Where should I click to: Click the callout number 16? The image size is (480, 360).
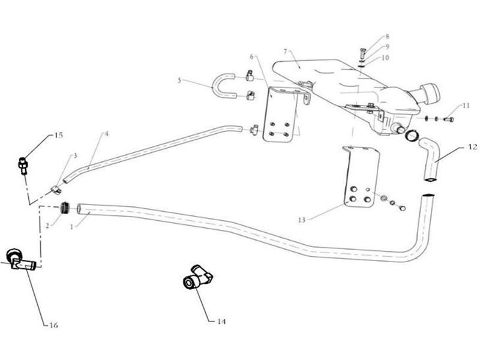pyautogui.click(x=54, y=325)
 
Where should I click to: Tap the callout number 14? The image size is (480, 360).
pyautogui.click(x=221, y=322)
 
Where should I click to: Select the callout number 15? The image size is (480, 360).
pyautogui.click(x=58, y=136)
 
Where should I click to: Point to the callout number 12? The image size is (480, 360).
pyautogui.click(x=473, y=147)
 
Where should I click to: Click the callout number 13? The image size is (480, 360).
pyautogui.click(x=302, y=220)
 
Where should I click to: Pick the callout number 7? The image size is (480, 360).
pyautogui.click(x=286, y=52)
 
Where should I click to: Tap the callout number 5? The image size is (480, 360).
pyautogui.click(x=179, y=80)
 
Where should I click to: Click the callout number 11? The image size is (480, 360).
pyautogui.click(x=466, y=106)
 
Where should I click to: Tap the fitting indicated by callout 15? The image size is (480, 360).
pyautogui.click(x=23, y=166)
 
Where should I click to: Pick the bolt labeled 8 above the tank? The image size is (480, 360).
pyautogui.click(x=363, y=55)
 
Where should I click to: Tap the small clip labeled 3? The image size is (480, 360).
pyautogui.click(x=56, y=190)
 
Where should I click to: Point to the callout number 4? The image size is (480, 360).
pyautogui.click(x=107, y=134)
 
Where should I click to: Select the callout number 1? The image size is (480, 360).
pyautogui.click(x=71, y=227)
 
